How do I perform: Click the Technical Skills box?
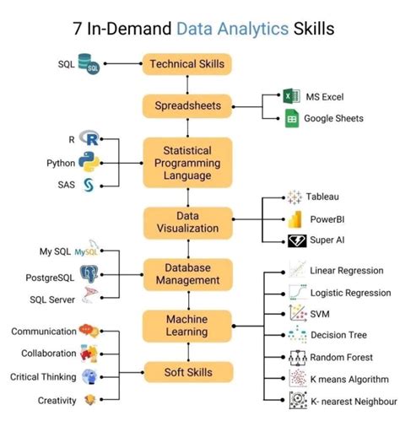click(186, 63)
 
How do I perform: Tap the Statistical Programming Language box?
click(186, 162)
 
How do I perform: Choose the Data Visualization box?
click(186, 222)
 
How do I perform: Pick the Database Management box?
click(186, 273)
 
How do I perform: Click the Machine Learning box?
click(186, 325)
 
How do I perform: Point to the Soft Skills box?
click(186, 371)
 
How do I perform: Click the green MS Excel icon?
click(292, 97)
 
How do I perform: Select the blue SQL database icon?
click(87, 63)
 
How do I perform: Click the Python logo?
click(89, 163)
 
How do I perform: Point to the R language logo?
click(89, 138)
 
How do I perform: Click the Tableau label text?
click(322, 197)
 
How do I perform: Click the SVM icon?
click(296, 314)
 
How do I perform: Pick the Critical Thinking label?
click(42, 377)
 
